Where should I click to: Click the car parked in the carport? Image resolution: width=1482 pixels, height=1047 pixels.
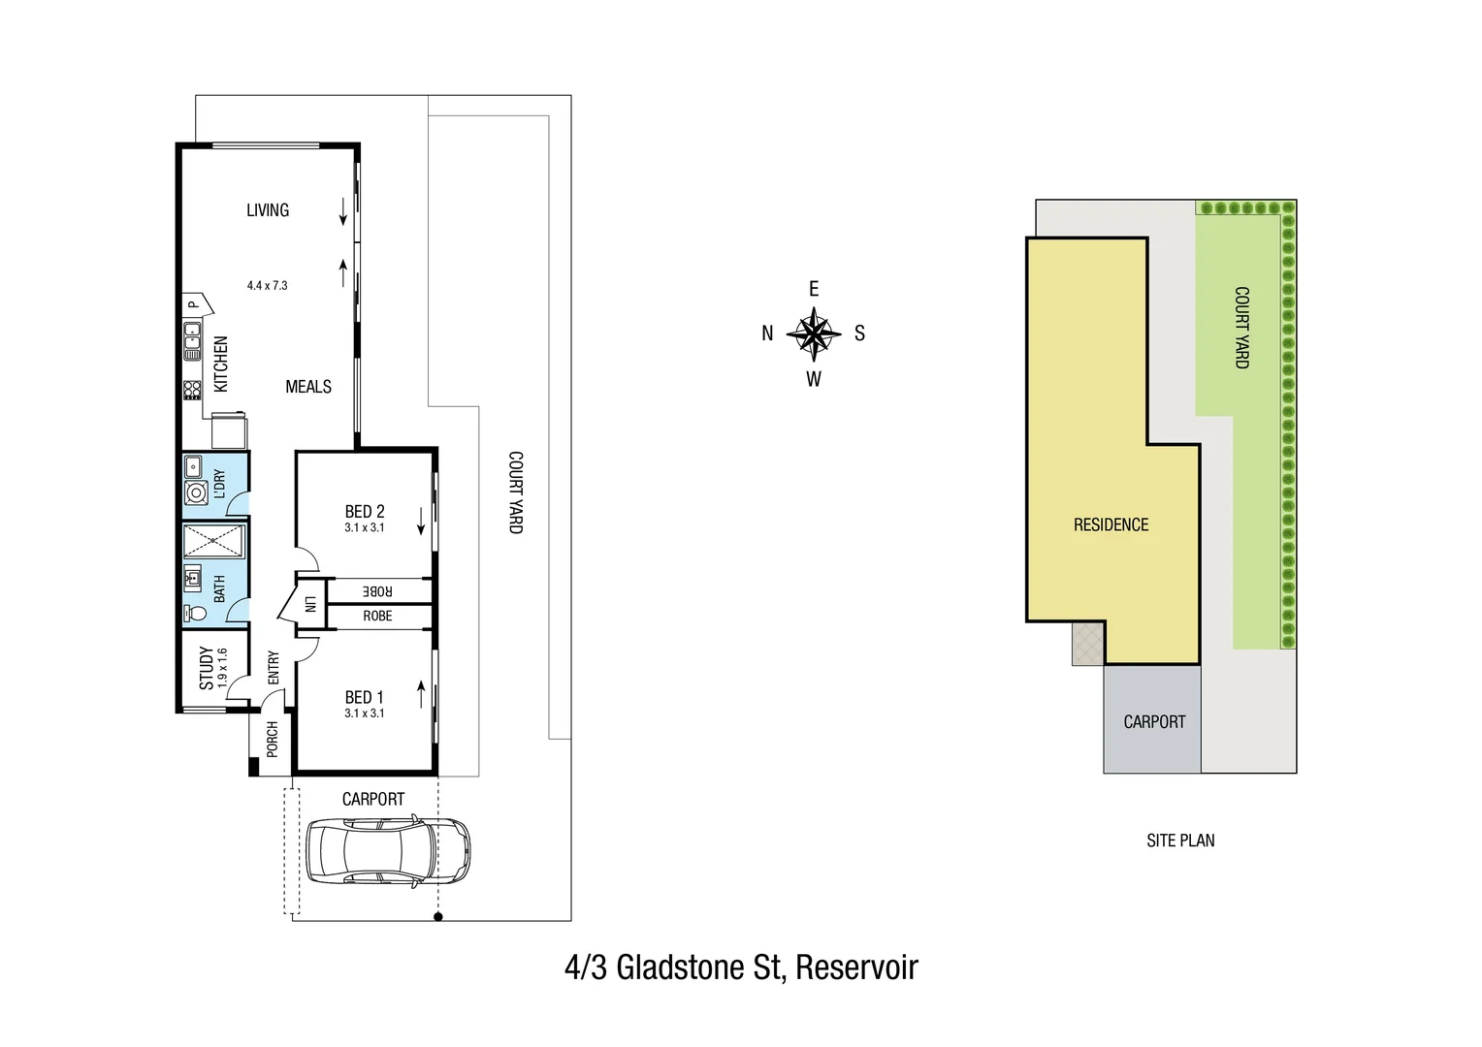point(388,851)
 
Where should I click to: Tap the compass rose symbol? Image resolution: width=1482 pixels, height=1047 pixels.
point(814,333)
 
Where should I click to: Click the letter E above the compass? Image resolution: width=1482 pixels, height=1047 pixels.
point(814,289)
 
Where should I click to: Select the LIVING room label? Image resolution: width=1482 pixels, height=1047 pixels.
point(268,210)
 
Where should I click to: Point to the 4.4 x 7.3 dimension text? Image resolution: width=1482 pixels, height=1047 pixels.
point(267,286)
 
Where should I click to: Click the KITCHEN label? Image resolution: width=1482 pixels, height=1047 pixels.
point(221,365)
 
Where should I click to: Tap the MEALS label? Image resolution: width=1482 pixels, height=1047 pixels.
point(308,387)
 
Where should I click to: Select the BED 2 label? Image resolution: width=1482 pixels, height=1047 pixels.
point(365,512)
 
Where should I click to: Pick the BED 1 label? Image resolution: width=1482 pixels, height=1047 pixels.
point(365,697)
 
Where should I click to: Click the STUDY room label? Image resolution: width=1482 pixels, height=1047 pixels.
point(207,668)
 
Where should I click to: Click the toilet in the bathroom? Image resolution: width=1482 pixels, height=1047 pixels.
point(195,613)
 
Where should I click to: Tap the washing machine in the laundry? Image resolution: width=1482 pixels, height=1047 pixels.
point(196,493)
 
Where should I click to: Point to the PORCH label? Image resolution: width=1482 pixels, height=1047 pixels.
point(273,739)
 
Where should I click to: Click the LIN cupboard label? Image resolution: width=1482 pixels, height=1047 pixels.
point(310,604)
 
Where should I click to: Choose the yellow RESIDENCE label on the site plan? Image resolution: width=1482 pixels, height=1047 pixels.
point(1111,524)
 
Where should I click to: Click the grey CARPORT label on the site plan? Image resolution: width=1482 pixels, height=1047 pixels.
point(1154,722)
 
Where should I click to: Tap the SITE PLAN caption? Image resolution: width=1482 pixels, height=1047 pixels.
point(1180,841)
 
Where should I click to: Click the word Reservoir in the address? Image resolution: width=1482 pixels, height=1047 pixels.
point(856,968)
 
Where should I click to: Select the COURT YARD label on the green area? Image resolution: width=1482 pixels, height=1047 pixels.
point(1241,328)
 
